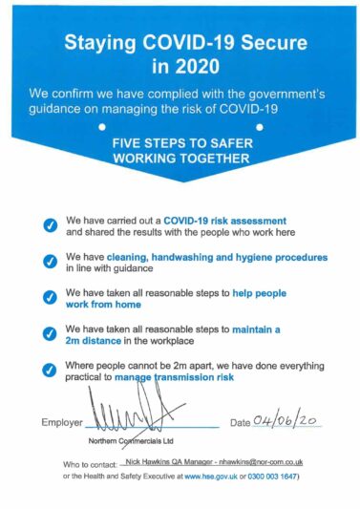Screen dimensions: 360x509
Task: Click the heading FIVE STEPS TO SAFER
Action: tap(180, 141)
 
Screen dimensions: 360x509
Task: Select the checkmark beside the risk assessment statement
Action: tap(50, 225)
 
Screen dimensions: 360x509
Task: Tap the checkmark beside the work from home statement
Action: tap(50, 298)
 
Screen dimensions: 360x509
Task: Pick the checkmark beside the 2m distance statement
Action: tap(50, 334)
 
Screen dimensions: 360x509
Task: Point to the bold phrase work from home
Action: tap(103, 305)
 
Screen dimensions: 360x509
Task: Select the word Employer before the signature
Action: tap(62, 422)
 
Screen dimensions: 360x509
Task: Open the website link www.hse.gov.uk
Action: tap(212, 475)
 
